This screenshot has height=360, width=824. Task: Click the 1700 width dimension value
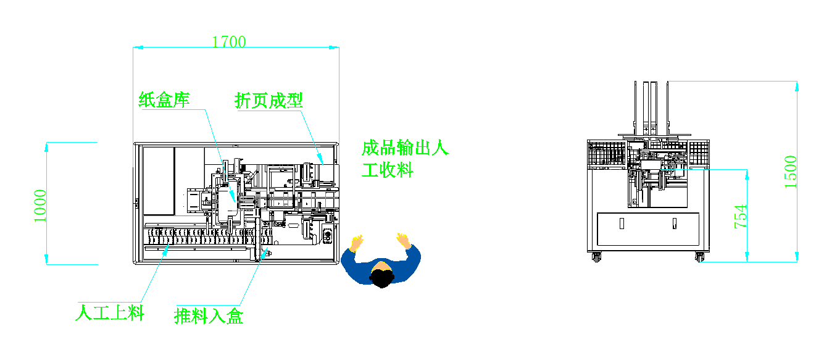tap(229, 42)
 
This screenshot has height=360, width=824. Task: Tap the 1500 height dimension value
tap(791, 172)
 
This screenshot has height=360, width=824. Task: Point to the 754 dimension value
tap(741, 216)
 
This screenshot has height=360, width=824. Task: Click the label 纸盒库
tap(164, 99)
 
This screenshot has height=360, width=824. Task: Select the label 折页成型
tap(268, 101)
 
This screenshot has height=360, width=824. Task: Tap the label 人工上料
tap(109, 312)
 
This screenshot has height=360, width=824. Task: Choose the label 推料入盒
tap(209, 316)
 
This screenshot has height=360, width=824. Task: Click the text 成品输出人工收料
tap(404, 158)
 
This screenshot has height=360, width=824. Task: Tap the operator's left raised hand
tap(356, 241)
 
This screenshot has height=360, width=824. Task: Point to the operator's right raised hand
tap(404, 239)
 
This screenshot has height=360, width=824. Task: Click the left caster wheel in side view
tap(597, 257)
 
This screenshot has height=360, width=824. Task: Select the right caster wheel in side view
tap(699, 257)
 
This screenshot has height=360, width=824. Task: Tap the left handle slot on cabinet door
tap(622, 223)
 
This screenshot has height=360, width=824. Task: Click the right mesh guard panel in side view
tap(698, 153)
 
